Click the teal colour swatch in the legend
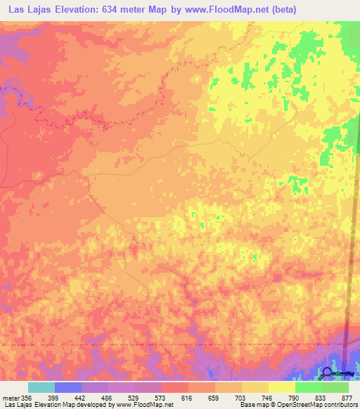(x=41, y=387)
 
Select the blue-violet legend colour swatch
(x=68, y=387)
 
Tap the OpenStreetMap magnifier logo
(x=327, y=372)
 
